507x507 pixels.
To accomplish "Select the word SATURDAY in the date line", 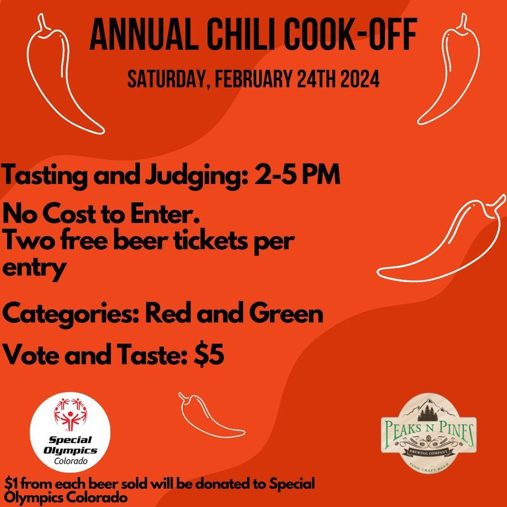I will [162, 80].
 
